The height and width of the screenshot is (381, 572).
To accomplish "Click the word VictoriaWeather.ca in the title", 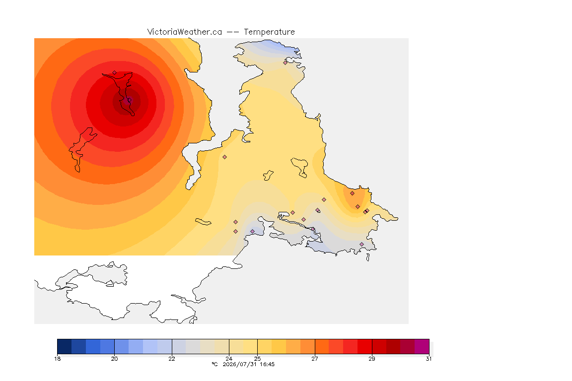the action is pyautogui.click(x=185, y=32).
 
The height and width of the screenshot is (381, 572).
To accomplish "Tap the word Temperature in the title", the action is pyautogui.click(x=269, y=32).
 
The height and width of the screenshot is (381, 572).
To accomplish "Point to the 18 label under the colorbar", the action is pyautogui.click(x=57, y=359).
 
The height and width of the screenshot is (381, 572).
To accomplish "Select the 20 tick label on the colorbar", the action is pyautogui.click(x=115, y=359).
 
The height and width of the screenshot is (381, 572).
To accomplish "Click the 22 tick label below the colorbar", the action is pyautogui.click(x=172, y=359).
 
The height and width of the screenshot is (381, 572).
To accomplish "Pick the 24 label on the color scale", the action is pyautogui.click(x=229, y=359).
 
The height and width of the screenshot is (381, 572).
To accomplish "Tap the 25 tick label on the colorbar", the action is pyautogui.click(x=258, y=359).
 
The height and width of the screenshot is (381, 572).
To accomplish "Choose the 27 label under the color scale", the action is pyautogui.click(x=315, y=359).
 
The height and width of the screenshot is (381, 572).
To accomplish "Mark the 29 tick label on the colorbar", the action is pyautogui.click(x=372, y=359).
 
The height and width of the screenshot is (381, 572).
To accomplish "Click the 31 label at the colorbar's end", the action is pyautogui.click(x=429, y=359).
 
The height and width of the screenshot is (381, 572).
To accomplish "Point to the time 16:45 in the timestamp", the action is pyautogui.click(x=268, y=364).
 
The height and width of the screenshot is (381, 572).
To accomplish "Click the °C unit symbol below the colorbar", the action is pyautogui.click(x=215, y=364).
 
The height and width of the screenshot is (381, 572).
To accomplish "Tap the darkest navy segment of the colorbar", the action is pyautogui.click(x=64, y=346).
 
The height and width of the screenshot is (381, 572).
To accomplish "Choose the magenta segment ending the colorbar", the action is pyautogui.click(x=422, y=346).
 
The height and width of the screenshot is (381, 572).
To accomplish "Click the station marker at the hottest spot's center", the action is pyautogui.click(x=129, y=100).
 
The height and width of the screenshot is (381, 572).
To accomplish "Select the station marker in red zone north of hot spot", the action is pyautogui.click(x=115, y=73).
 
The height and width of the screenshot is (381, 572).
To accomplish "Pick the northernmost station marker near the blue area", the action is pyautogui.click(x=286, y=63).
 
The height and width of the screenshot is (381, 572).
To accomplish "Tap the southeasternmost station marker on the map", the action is pyautogui.click(x=361, y=244).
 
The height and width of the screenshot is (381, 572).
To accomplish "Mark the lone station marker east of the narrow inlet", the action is pyautogui.click(x=225, y=157).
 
